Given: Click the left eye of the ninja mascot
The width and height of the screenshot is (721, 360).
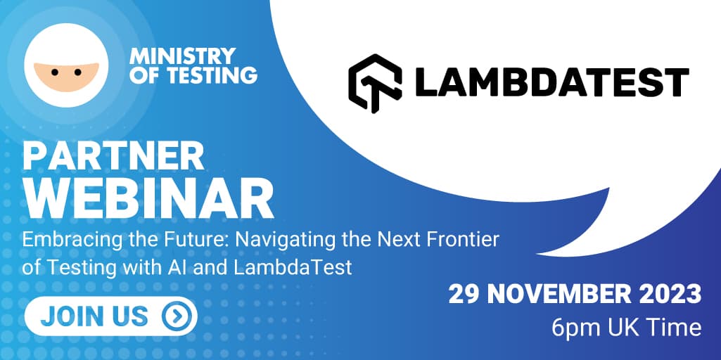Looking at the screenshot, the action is point(55,72).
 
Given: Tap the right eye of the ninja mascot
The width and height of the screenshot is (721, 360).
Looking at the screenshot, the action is point(77,72).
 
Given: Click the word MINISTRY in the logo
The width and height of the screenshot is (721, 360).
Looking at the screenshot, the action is point(183,56).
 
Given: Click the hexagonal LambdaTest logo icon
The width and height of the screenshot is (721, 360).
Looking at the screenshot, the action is point(375,83).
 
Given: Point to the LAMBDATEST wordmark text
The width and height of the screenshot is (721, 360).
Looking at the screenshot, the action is point(552,83).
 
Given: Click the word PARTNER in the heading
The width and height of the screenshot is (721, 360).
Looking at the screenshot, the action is point(113,156).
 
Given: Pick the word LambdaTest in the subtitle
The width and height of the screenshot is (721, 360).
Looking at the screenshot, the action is point(293,267).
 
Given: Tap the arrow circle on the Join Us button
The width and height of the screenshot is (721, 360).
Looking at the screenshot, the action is point(176,316).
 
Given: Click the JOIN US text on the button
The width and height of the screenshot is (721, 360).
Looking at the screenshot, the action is point(94,316).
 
